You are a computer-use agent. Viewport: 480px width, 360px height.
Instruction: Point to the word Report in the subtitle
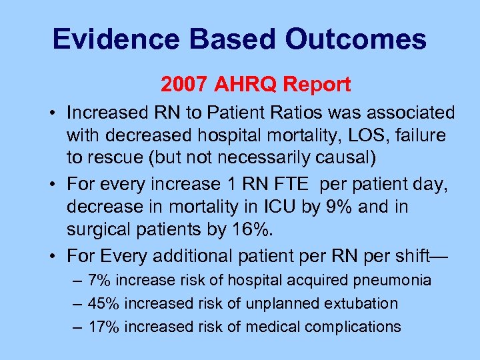click(x=316, y=85)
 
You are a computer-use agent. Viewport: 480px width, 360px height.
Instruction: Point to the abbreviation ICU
click(x=277, y=207)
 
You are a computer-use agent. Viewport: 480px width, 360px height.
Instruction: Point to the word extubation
click(x=361, y=303)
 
